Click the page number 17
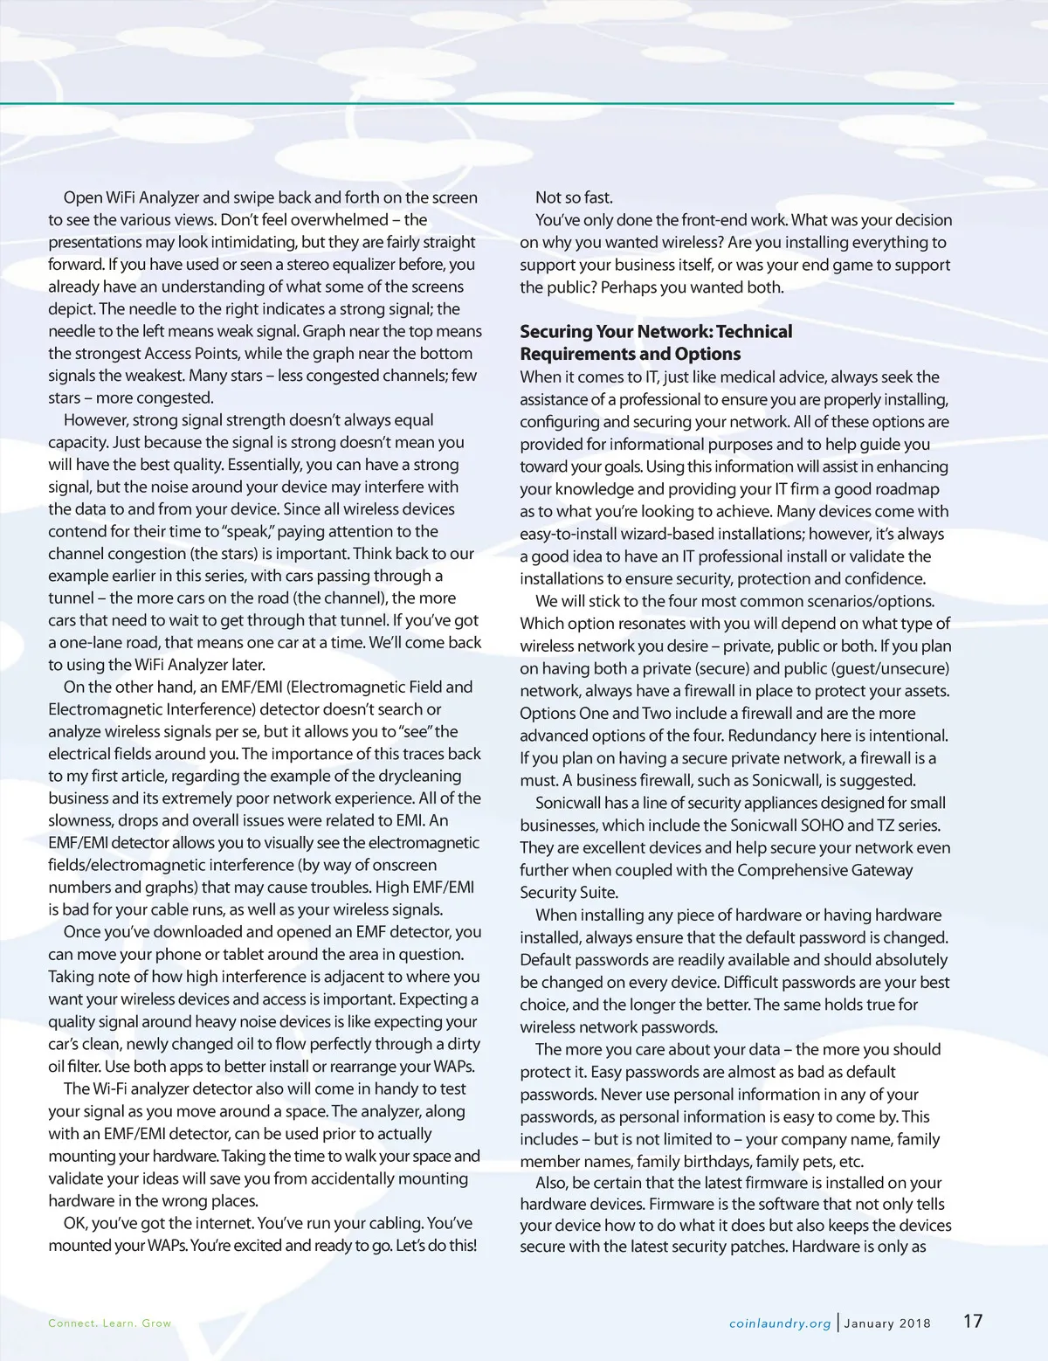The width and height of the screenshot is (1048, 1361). click(x=973, y=1321)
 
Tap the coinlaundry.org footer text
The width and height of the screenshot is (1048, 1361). click(x=780, y=1323)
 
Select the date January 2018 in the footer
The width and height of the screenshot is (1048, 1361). click(x=887, y=1323)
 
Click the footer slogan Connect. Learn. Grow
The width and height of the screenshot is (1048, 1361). click(x=110, y=1323)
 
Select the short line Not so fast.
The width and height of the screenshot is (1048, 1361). click(x=574, y=197)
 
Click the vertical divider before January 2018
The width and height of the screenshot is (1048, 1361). click(x=838, y=1322)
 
